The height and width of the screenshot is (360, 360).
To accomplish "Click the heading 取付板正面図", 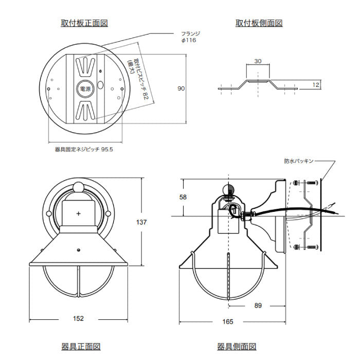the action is coord(84,23).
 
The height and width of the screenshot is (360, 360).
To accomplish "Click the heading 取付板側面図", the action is coord(259,23).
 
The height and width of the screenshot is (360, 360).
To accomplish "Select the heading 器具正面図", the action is coord(81,347).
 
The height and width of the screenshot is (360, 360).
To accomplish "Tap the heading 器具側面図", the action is coord(237,347).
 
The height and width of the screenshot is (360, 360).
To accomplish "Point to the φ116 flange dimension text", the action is coord(189,40).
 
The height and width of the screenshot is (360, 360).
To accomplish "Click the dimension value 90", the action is coord(181,88).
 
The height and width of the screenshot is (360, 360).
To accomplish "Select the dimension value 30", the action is coord(258,61).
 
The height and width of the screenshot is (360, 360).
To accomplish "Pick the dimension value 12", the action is coord(316,85).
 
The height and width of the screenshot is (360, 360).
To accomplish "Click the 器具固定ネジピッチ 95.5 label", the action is coord(84,150).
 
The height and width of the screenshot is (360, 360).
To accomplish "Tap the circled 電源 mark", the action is coord(85,88).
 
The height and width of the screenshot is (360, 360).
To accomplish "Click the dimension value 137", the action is coord(141,222).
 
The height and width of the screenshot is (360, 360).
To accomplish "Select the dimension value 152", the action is coord(78,318).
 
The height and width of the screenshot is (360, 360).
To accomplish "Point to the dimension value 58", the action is coord(183,197).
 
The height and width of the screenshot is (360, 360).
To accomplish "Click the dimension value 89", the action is coord(258,305).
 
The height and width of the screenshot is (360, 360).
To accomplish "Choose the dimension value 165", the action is coord(228,321).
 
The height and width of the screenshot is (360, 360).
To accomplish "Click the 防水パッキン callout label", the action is coord(299,161).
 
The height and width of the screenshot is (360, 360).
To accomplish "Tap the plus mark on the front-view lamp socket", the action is coord(79,213).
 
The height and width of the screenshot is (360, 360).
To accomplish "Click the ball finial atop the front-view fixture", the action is coord(79,187).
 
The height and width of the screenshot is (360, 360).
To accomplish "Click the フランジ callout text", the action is coord(191,34).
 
